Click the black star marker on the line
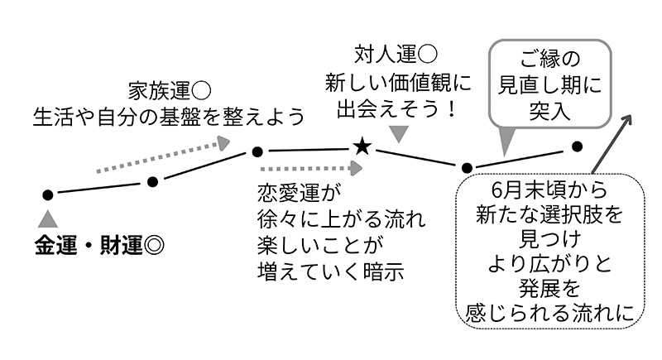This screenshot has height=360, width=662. point(362,147)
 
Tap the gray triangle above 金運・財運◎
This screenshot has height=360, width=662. point(48,218)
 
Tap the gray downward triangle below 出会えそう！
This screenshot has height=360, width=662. point(400,133)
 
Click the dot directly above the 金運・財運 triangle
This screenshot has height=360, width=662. point(48,194)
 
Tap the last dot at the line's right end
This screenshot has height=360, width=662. point(578,146)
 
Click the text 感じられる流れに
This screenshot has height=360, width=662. point(549,314)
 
